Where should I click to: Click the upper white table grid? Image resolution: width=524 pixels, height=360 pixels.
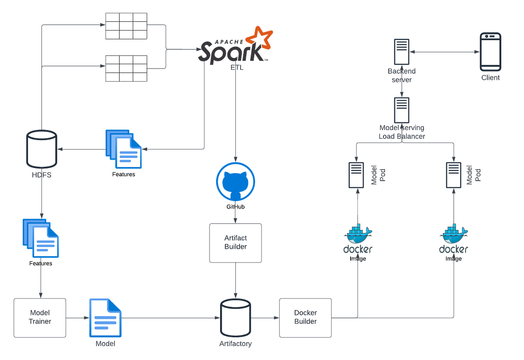pos(127,25)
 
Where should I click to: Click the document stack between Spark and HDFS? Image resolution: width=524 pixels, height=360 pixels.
pos(123,149)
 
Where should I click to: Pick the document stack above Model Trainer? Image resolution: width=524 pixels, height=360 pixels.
pos(41,238)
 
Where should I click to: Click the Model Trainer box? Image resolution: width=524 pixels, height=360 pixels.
pos(40,317)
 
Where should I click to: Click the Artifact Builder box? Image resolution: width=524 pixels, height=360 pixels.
pos(235,243)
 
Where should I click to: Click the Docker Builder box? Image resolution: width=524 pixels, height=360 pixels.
pos(305,317)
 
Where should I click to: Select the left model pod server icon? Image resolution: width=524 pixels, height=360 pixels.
pos(356,175)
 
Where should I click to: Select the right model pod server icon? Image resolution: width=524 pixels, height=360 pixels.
pos(453,175)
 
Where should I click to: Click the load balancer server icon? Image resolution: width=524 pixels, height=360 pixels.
pos(401,110)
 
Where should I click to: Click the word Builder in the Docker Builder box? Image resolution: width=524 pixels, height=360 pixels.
pos(305,322)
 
